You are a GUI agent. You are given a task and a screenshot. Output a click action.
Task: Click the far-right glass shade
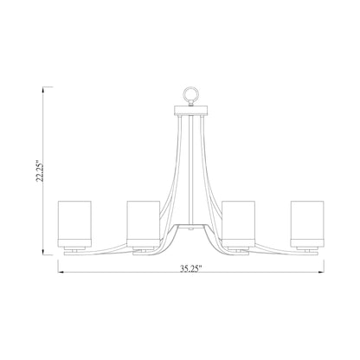click(x=310, y=223)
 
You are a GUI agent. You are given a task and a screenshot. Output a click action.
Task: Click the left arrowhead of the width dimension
click(x=61, y=270)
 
